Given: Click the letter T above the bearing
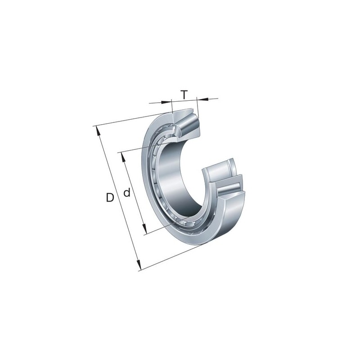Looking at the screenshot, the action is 184,94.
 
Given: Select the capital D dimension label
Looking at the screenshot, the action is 110,198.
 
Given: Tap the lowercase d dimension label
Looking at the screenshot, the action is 127,193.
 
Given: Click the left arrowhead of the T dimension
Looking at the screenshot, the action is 166,102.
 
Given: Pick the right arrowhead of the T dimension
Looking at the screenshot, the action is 202,99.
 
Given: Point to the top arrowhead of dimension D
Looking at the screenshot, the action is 98,130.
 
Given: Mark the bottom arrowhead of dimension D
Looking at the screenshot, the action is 138,265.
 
